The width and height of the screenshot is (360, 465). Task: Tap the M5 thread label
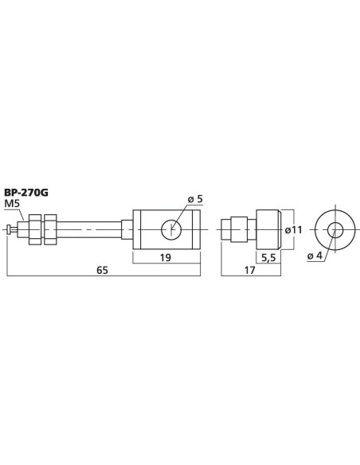click(x=14, y=204)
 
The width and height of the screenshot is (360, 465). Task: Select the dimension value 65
click(x=101, y=270)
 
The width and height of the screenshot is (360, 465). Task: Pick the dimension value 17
click(x=248, y=270)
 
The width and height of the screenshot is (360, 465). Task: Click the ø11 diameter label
click(x=295, y=230)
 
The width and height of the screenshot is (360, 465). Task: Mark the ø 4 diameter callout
click(x=315, y=256)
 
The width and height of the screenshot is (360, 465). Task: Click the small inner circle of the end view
click(x=335, y=230)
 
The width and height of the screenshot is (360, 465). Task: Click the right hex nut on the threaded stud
click(x=52, y=229)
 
